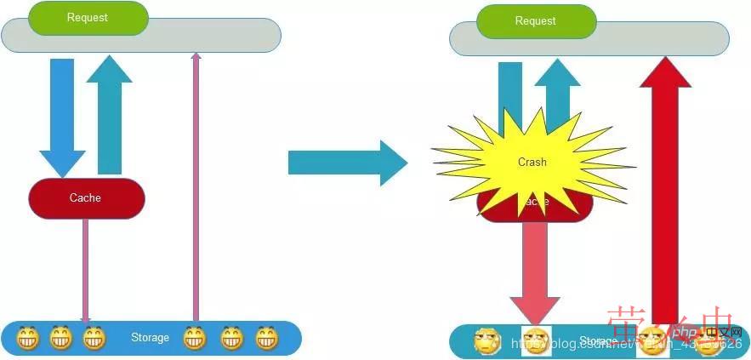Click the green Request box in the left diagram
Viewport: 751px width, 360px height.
coord(88,18)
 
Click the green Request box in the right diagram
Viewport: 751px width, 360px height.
coord(535,21)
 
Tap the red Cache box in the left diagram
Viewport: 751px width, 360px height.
coord(86,198)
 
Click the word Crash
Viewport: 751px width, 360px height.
coord(532,162)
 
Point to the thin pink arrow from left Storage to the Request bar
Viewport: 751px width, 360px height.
coord(196,187)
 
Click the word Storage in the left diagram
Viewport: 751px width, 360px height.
coord(150,338)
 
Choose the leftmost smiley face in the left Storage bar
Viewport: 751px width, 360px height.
coord(28,338)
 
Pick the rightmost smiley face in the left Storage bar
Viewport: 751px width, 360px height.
coord(268,338)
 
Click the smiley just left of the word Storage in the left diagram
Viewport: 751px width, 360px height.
coord(94,338)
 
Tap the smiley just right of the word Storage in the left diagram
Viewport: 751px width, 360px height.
coord(196,338)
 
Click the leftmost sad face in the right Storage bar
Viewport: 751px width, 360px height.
coord(487,341)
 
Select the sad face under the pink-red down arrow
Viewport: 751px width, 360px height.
coord(536,341)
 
